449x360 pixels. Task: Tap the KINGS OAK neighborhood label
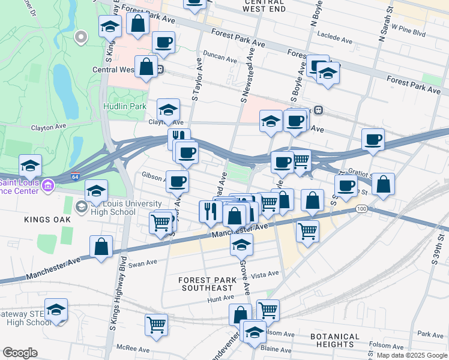pyautogui.click(x=47, y=220)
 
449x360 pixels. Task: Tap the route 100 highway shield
pyautogui.click(x=361, y=209)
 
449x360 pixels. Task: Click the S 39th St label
pyautogui.click(x=436, y=252)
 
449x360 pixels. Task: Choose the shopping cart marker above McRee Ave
pyautogui.click(x=156, y=324)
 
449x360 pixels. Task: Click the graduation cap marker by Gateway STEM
pyautogui.click(x=56, y=310)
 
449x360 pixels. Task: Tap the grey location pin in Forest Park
pyautogui.click(x=80, y=38)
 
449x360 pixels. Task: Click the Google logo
pyautogui.click(x=20, y=353)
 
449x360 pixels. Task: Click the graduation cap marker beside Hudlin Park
pyautogui.click(x=169, y=109)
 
